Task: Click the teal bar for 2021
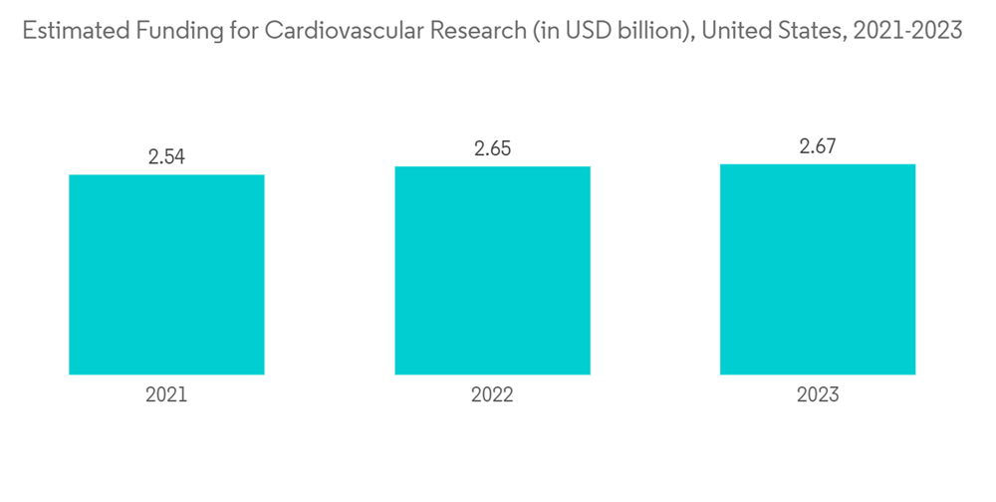(166, 275)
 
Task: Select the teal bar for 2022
(492, 270)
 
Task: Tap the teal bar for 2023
(818, 269)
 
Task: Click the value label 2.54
(166, 156)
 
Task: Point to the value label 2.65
(492, 148)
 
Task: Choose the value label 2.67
(818, 146)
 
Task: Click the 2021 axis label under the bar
(166, 394)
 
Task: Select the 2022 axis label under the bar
(492, 394)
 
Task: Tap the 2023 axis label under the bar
(818, 394)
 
